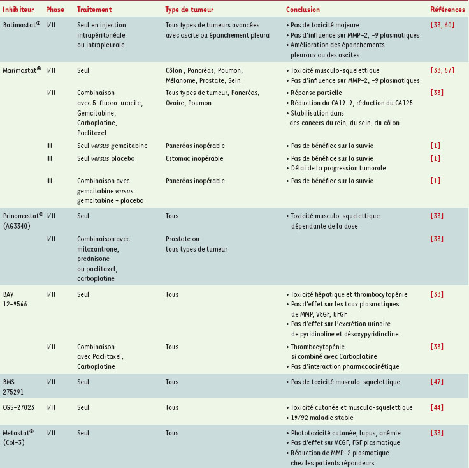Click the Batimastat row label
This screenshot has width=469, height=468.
pos(21,25)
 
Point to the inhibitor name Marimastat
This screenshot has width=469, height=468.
pos(22,70)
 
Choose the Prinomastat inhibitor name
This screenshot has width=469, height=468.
pos(23,216)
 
